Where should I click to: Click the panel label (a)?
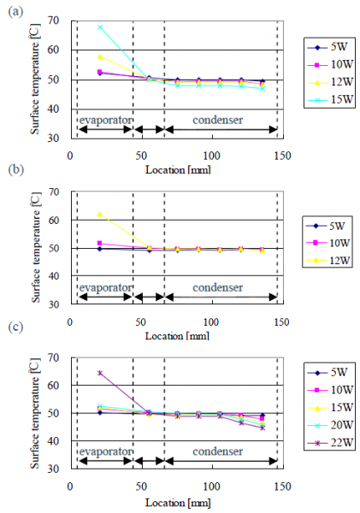(x=14, y=10)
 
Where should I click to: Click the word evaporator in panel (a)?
(x=104, y=119)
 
